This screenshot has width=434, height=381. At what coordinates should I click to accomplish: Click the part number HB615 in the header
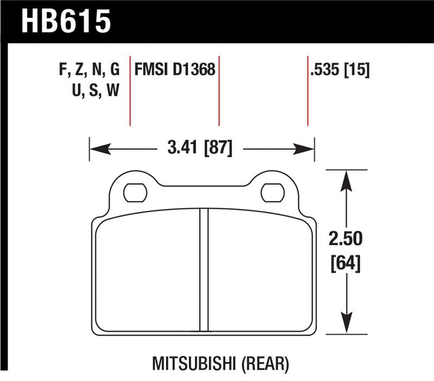(66, 22)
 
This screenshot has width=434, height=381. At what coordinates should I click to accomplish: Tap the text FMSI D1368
(175, 71)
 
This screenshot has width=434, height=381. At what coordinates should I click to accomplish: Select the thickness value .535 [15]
(340, 71)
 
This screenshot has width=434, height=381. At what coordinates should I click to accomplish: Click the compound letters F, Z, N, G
(88, 71)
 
